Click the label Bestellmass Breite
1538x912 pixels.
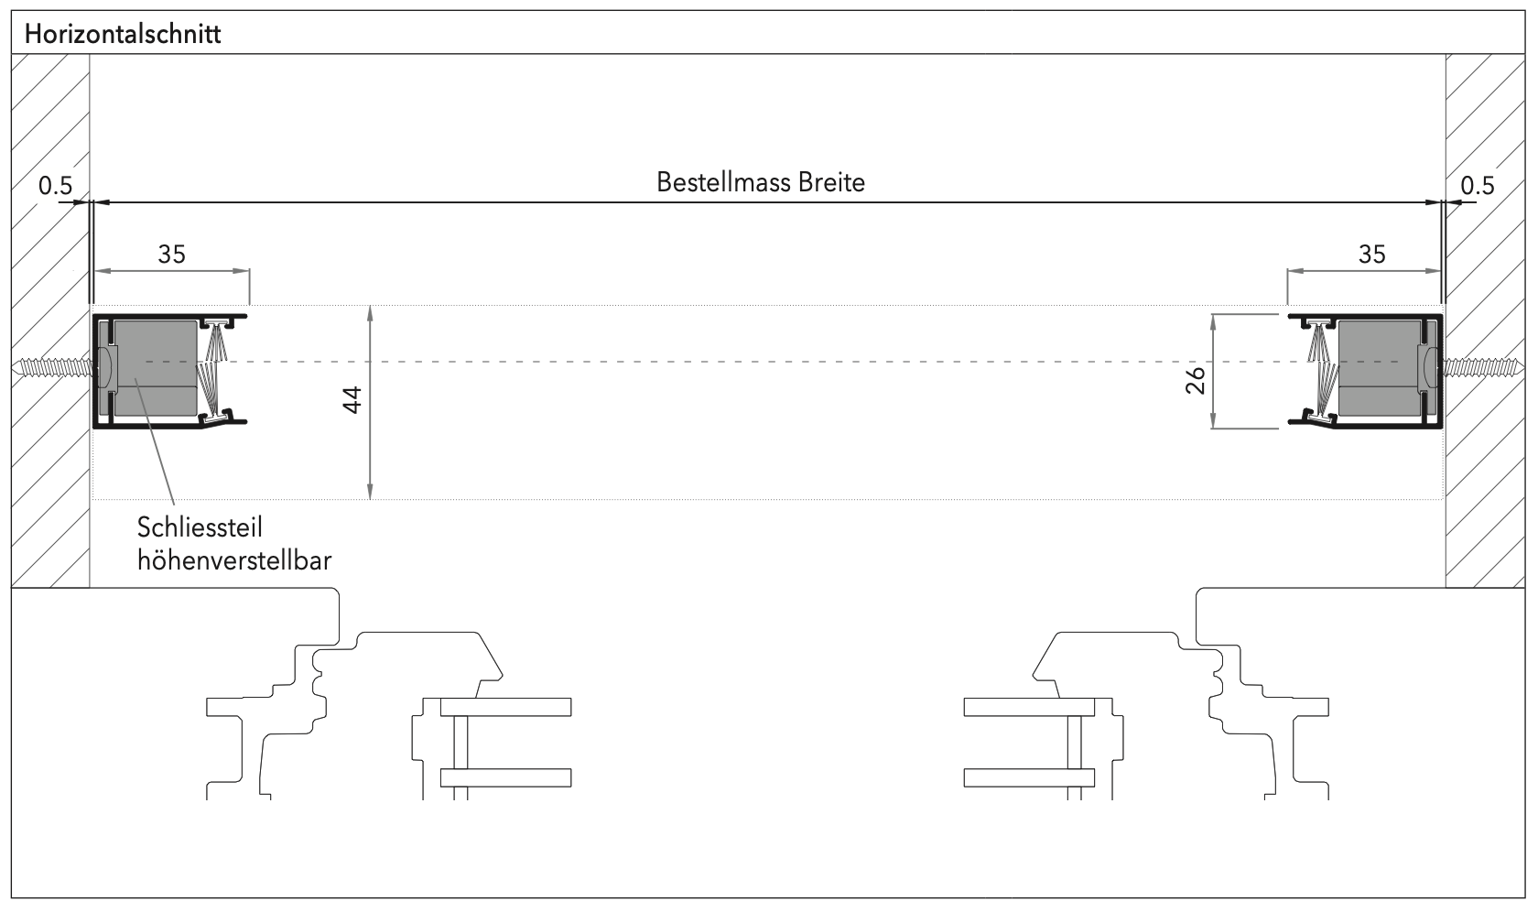(760, 182)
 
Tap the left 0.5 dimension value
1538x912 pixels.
(55, 186)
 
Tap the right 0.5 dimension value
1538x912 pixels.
(1477, 186)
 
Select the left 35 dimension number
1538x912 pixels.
(171, 254)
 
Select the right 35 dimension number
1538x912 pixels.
(1371, 254)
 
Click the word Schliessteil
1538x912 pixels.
(200, 528)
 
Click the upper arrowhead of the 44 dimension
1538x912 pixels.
(370, 311)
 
